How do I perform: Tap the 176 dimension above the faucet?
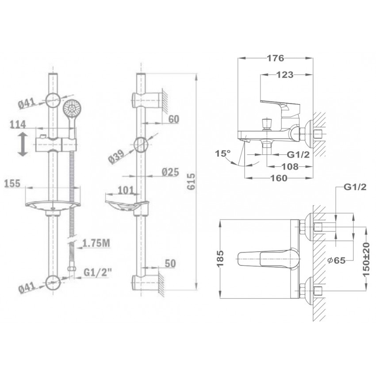click(x=276, y=58)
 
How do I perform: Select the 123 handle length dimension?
click(x=285, y=75)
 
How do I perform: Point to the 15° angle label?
click(x=223, y=153)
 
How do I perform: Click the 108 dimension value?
click(x=290, y=166)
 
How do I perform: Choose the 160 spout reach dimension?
click(x=279, y=178)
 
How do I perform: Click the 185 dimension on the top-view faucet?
click(x=220, y=258)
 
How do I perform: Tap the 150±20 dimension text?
click(x=366, y=258)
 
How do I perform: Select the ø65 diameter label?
click(x=337, y=260)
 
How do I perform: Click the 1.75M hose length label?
click(x=96, y=243)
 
